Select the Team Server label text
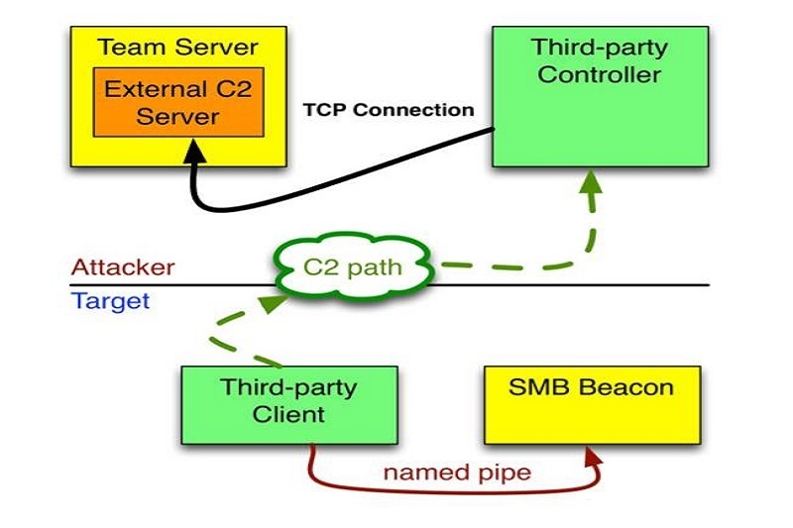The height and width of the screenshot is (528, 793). coord(178,47)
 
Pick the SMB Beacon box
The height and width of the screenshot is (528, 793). coord(591,404)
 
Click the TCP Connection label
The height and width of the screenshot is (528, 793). coord(389,109)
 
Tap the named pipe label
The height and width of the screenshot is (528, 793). coord(457,472)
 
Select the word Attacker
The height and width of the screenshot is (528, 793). coord(123,267)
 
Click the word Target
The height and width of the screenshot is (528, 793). coord(110,300)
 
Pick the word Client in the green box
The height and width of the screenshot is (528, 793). coord(288,413)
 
